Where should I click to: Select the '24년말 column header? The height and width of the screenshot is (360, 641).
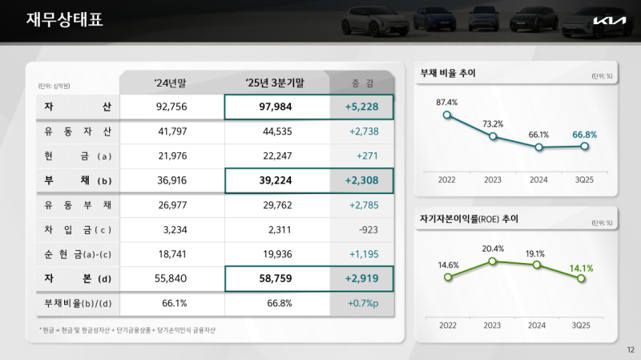(x=171, y=83)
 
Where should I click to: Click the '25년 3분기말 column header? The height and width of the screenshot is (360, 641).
(x=276, y=83)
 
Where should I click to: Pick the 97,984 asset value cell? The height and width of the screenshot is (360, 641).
(x=276, y=107)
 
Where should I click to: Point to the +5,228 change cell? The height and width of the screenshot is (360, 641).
(x=361, y=107)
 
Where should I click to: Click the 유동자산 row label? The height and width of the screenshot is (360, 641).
(x=78, y=131)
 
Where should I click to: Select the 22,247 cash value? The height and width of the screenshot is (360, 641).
(x=276, y=156)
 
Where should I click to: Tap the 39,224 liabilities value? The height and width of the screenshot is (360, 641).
(x=276, y=181)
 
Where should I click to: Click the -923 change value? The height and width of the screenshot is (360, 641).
(x=363, y=231)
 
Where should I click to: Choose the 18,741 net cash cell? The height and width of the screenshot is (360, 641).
(x=171, y=255)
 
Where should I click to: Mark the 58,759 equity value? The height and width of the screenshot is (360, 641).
(x=276, y=280)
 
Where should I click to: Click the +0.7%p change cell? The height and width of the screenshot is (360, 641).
(x=363, y=305)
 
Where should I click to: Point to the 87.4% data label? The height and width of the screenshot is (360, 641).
(x=446, y=102)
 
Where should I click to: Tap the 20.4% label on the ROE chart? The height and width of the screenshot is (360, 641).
(x=493, y=249)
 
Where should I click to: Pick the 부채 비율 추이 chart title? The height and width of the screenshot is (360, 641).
(x=449, y=73)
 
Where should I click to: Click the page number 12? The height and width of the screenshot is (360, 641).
(x=629, y=350)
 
